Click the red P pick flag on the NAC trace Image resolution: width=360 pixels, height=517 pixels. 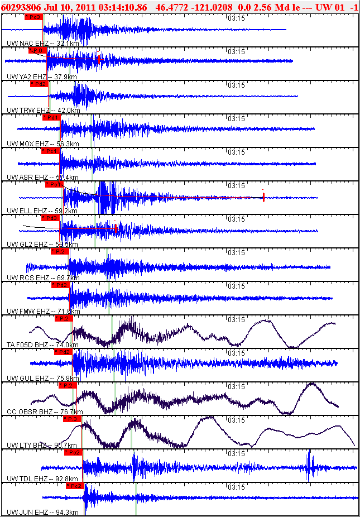tap(33, 17)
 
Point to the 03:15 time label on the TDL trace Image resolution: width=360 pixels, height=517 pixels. tap(237, 453)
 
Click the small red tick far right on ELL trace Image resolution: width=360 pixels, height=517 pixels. tap(263, 195)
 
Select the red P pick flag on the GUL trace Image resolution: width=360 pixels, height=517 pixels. tap(63, 352)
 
